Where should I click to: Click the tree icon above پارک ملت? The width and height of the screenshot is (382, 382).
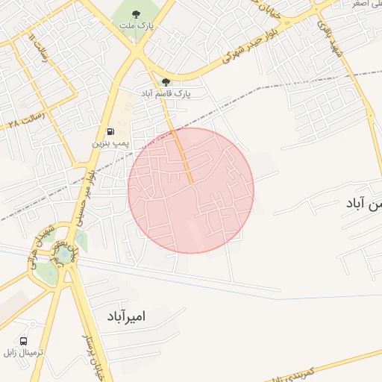click(135, 14)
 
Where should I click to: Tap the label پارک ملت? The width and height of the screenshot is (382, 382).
click(135, 26)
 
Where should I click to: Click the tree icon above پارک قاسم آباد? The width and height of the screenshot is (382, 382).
click(166, 83)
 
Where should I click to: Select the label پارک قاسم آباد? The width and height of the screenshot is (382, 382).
click(168, 95)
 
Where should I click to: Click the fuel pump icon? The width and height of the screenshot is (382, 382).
click(111, 131)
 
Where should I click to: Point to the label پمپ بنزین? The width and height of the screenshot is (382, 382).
click(111, 142)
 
